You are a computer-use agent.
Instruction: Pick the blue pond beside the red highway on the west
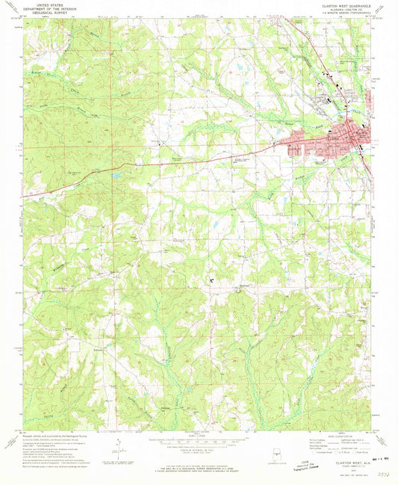[x=118, y=176]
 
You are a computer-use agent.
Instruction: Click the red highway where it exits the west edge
[x=23, y=197]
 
